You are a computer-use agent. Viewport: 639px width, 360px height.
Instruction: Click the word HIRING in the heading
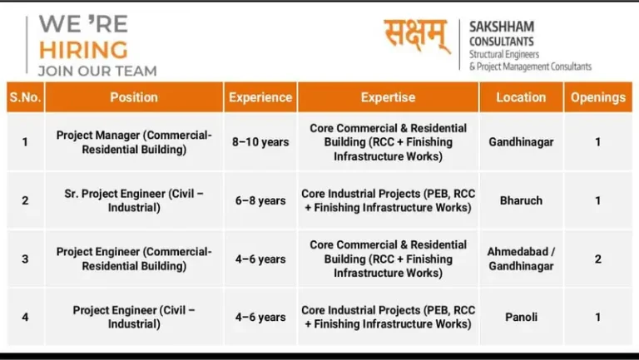[83, 48]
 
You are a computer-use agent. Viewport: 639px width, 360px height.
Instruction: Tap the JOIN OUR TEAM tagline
[97, 71]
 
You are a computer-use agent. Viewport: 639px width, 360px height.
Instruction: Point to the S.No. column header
[25, 97]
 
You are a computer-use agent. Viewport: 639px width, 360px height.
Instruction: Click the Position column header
[134, 97]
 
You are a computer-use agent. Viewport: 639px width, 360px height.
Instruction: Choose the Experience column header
[260, 97]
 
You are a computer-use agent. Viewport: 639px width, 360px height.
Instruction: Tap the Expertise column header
[388, 97]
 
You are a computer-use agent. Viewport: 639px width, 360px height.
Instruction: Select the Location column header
[521, 97]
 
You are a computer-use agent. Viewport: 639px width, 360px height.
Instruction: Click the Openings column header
[597, 97]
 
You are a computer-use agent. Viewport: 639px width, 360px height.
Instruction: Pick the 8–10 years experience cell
[260, 142]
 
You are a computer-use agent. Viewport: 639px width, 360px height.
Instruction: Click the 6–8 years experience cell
[260, 200]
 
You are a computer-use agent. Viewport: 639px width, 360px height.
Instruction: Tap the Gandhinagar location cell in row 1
[521, 142]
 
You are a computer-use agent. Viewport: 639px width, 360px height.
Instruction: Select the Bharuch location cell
[521, 200]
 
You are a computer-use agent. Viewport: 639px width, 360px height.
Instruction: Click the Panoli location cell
[521, 317]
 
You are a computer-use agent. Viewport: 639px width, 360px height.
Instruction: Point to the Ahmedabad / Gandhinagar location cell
[521, 259]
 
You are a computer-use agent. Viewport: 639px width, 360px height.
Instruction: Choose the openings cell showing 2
[597, 259]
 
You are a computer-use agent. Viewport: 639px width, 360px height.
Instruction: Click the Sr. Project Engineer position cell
[134, 200]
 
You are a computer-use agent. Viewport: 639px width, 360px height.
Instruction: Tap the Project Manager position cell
[134, 142]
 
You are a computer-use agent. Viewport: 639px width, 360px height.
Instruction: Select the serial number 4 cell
[25, 317]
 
